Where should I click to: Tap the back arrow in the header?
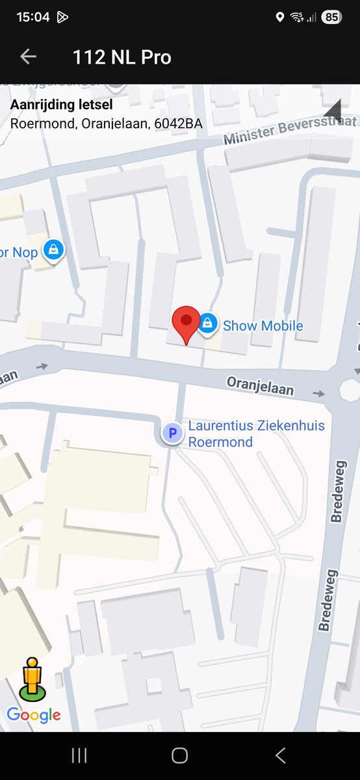[x=28, y=57]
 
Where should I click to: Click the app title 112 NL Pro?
[x=122, y=57]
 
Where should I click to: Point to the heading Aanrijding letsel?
[x=61, y=105]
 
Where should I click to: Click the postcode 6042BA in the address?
[x=178, y=123]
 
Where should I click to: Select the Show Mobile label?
[x=263, y=326]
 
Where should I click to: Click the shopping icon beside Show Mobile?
[x=207, y=323]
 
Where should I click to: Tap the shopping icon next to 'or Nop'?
[x=53, y=249]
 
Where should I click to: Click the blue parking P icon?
[x=172, y=432]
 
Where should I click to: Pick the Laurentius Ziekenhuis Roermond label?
[x=256, y=434]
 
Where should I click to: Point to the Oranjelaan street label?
[x=260, y=385]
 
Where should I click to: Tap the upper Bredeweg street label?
[x=337, y=497]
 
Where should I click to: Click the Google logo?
[x=34, y=715]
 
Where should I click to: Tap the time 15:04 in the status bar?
[x=32, y=18]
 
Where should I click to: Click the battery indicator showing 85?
[x=331, y=18]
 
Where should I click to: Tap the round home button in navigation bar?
[x=180, y=755]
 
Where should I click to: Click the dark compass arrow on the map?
[x=333, y=112]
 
